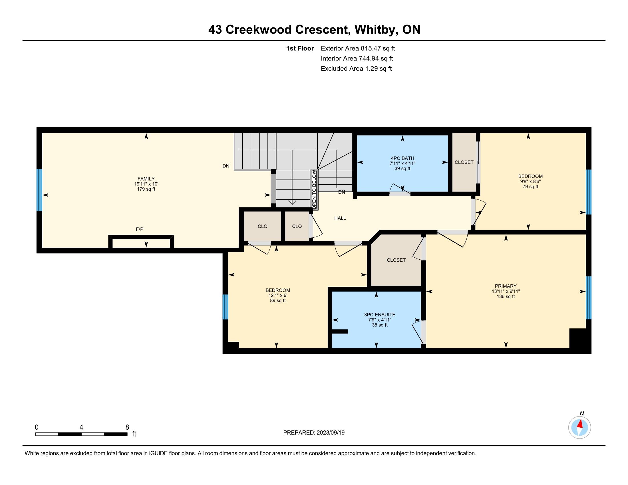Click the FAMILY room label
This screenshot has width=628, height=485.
[x=146, y=179]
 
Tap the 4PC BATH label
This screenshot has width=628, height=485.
[x=402, y=158]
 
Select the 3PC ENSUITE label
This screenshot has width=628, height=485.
[x=380, y=315]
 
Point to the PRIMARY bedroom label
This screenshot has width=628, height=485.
[x=506, y=286]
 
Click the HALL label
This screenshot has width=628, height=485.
[x=340, y=218]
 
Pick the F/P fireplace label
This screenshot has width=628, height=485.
[x=140, y=229]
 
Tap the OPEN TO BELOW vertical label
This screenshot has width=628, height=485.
[x=314, y=190]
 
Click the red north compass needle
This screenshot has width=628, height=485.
[x=580, y=423]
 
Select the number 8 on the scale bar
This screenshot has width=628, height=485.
[x=127, y=427]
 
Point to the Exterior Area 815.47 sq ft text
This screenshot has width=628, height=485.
[x=358, y=48]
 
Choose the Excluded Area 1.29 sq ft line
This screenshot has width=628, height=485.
[x=356, y=69]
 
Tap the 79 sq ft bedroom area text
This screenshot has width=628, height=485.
[x=530, y=187]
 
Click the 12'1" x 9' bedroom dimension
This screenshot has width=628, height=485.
[x=278, y=295]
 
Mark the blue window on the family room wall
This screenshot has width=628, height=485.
[x=39, y=190]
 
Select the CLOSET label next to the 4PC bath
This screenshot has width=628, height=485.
[x=464, y=162]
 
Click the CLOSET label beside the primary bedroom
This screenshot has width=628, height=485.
[x=396, y=260]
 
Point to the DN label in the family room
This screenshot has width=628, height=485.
[x=226, y=166]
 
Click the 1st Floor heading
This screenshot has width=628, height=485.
[x=300, y=48]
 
